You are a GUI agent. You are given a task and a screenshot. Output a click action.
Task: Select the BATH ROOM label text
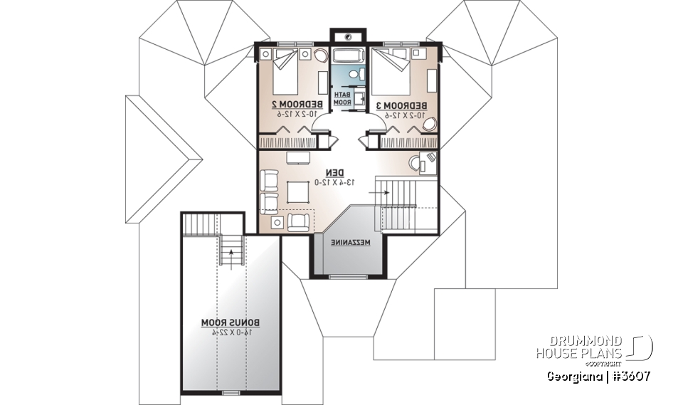343,99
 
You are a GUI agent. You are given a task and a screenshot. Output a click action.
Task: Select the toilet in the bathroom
355,74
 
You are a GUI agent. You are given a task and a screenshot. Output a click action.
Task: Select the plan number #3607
629,377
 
